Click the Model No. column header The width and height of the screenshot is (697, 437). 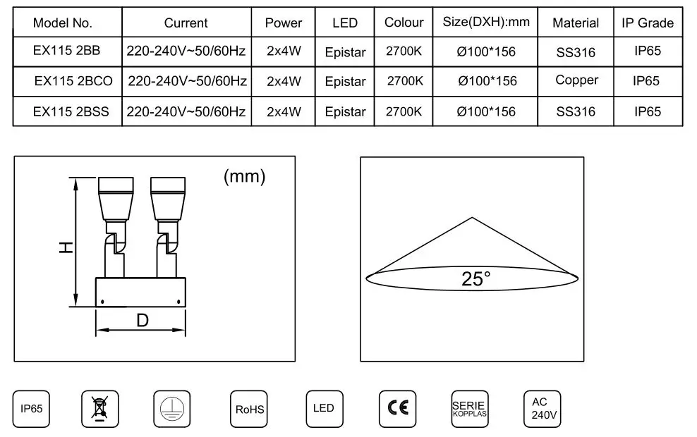pos(63,23)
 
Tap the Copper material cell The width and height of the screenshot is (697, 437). pos(576,80)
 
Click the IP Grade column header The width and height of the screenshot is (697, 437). pos(647,23)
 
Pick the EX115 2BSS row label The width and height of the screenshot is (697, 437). pos(71,111)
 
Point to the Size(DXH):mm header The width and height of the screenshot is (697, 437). pos(486,22)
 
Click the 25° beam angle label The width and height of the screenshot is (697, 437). pos(476,279)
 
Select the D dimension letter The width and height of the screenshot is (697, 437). pos(142,320)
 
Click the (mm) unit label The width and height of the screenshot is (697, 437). pos(244,176)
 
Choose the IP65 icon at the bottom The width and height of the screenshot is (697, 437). pos(32,409)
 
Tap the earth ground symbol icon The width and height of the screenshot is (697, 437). pos(172,409)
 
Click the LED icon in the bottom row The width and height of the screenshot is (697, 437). pos(324,409)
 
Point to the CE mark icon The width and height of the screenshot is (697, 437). pos(398,409)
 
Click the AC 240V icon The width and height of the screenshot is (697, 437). pos(541,409)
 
